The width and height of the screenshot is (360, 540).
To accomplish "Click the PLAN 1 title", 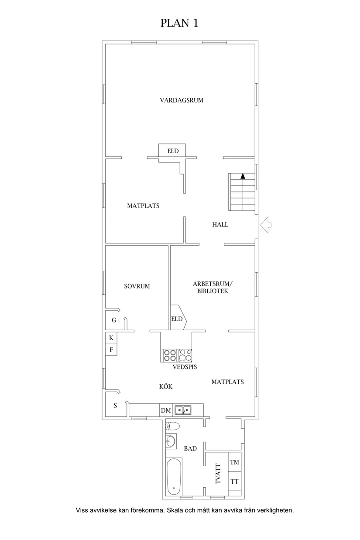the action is tap(179, 23).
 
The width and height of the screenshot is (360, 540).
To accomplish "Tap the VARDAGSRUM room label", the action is tap(182, 100).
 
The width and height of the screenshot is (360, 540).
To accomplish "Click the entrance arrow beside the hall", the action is tap(266, 225).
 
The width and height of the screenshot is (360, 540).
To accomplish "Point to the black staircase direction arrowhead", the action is tap(243, 176).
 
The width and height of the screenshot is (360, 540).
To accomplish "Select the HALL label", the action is tap(220, 225).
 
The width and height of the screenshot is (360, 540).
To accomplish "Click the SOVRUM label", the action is tap(137, 287).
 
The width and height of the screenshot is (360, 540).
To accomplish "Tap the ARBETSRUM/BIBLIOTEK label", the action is tap(213, 287).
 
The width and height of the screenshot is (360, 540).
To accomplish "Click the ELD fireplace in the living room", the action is tap(172, 150).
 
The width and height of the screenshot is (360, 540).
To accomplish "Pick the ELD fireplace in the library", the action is tap(178, 318).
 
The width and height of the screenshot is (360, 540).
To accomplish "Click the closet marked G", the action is tap(114, 320).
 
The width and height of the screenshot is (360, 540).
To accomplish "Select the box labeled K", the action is tap(111, 338).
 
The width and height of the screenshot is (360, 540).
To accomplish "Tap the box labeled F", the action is tap(111, 350).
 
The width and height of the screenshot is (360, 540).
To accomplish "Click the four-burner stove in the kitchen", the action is tap(170, 355).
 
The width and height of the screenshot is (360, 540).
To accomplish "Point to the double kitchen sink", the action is tap(183, 410).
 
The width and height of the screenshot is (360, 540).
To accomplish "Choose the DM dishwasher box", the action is tap(166, 410).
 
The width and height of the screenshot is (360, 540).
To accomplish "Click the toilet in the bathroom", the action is tap(173, 426).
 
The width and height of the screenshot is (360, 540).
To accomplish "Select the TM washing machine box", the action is tap(234, 462).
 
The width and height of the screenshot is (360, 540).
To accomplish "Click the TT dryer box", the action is tap(234, 482).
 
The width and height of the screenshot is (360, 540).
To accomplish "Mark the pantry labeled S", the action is tap(115, 406).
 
